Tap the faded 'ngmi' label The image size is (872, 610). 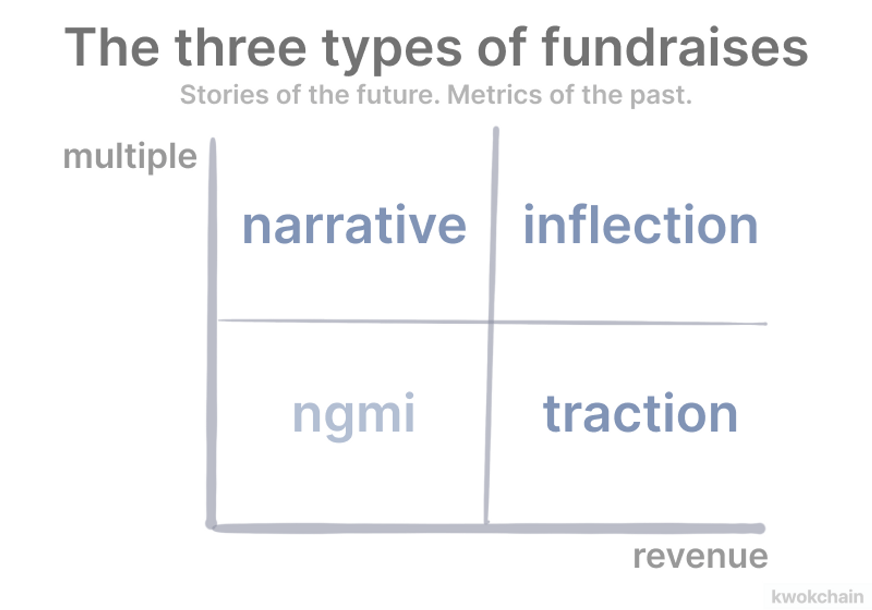click(x=354, y=416)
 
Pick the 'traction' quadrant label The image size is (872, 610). click(x=640, y=413)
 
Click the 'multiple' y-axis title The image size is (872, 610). click(x=130, y=157)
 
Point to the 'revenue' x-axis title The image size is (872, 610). click(x=700, y=557)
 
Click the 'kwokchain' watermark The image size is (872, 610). click(x=817, y=596)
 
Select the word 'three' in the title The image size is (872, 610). click(x=241, y=47)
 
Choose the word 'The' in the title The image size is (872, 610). click(x=112, y=47)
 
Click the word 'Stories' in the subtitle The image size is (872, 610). click(x=224, y=95)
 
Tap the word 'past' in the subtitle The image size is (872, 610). click(x=660, y=96)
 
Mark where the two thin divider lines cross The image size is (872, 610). click(x=491, y=322)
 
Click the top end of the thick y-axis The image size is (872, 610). click(x=213, y=141)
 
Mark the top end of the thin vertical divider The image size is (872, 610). click(x=496, y=129)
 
